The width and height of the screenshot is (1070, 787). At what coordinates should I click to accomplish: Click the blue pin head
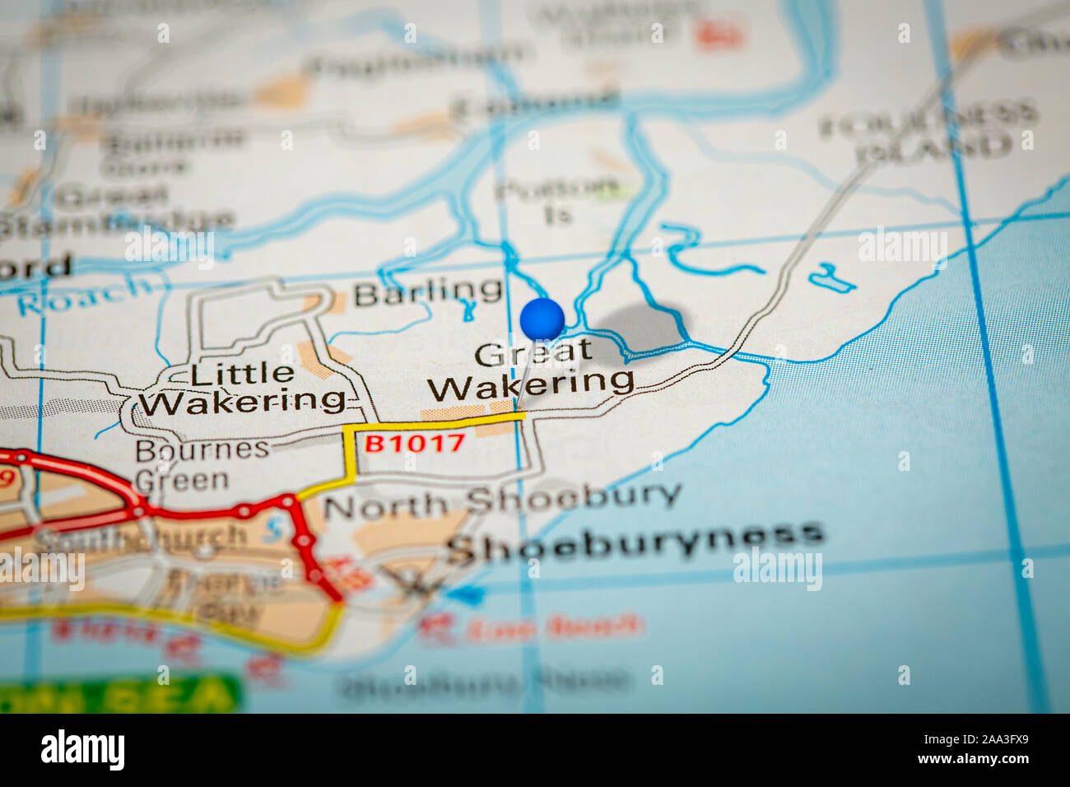point(542,319)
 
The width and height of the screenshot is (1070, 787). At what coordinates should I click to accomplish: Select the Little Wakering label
point(242,388)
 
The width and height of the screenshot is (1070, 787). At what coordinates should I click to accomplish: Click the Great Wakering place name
point(533,368)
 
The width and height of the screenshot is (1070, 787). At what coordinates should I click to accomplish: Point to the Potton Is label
point(557,200)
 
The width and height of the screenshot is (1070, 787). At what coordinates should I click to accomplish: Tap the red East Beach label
point(552,627)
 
